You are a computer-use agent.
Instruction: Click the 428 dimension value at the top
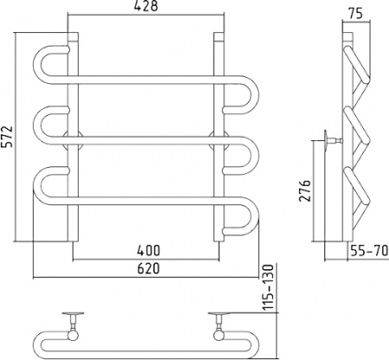pyautogui.click(x=146, y=6)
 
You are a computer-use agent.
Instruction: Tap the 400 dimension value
pyautogui.click(x=149, y=250)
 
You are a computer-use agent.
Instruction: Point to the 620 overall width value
pyautogui.click(x=149, y=268)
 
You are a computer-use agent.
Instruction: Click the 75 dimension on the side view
pyautogui.click(x=355, y=14)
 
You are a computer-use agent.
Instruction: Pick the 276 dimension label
pyautogui.click(x=305, y=190)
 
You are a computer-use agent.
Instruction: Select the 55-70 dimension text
pyautogui.click(x=369, y=250)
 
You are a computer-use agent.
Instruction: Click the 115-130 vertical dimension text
pyautogui.click(x=268, y=287)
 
